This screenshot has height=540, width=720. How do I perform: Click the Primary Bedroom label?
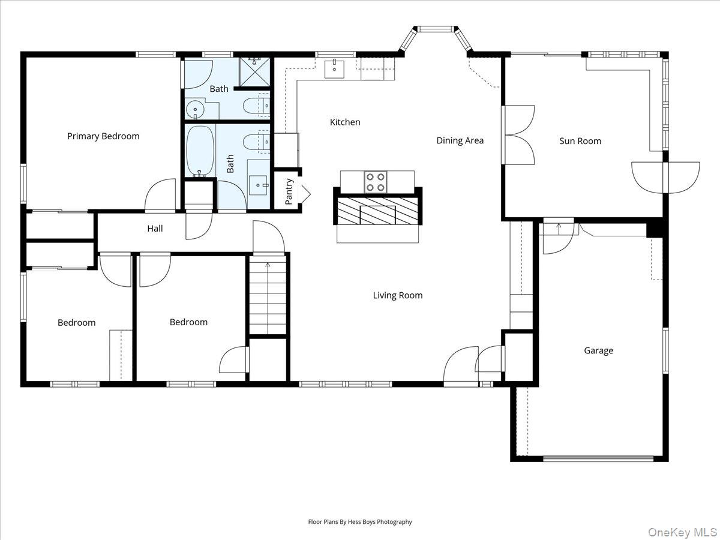(103, 136)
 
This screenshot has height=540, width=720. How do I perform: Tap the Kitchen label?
(345, 122)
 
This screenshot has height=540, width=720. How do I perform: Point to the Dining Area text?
(460, 140)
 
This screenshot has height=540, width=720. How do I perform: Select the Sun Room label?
(580, 141)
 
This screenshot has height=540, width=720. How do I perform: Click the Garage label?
(599, 351)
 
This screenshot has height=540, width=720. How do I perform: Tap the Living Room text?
(398, 295)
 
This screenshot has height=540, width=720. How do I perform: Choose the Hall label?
(155, 229)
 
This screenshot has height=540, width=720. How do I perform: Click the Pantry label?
(289, 191)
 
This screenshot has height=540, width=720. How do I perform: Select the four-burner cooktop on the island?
(376, 182)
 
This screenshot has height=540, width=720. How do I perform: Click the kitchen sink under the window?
(334, 69)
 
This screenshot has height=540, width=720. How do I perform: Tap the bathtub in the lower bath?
(200, 151)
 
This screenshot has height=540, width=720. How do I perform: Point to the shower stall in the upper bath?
(254, 72)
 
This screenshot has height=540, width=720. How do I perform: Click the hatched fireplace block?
(377, 211)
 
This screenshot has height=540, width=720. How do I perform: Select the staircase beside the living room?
(268, 295)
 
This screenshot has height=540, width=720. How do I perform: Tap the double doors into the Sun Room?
(518, 135)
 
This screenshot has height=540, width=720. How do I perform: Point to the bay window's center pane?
(435, 29)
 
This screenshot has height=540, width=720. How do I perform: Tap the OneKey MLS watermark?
(683, 532)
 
